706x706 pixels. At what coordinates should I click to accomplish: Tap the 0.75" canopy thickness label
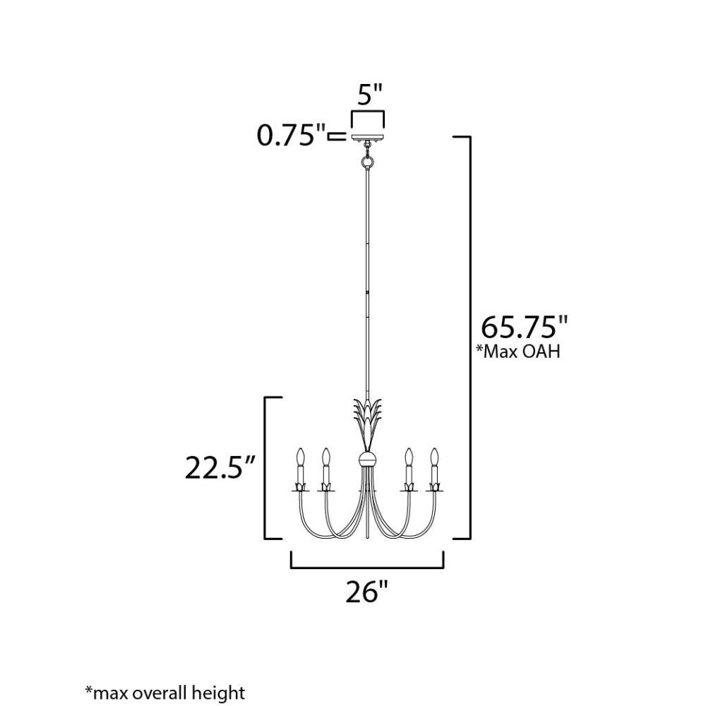click(x=291, y=135)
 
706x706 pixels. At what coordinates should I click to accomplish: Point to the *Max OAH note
click(x=518, y=351)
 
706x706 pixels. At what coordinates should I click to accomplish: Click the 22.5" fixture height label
click(x=220, y=468)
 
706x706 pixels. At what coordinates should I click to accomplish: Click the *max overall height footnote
click(x=164, y=693)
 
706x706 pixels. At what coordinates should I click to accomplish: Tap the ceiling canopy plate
click(x=368, y=136)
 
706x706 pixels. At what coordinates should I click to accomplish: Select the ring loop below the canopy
click(x=368, y=161)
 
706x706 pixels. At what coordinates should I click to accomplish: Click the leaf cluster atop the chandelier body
click(x=368, y=423)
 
